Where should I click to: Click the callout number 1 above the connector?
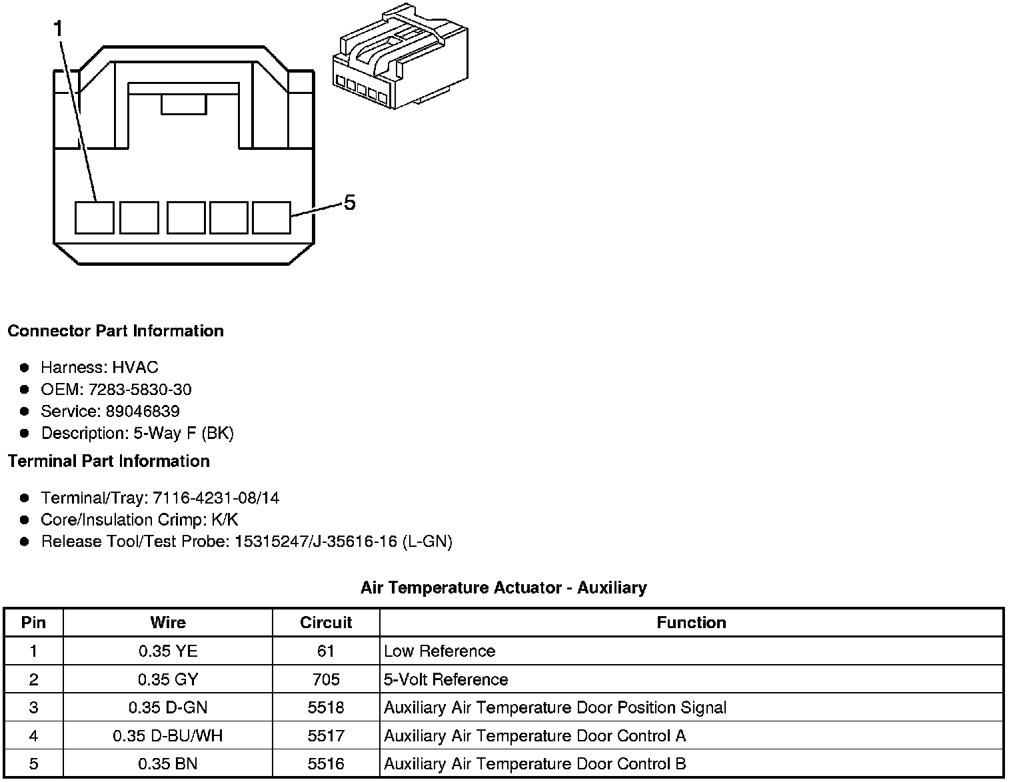(x=59, y=29)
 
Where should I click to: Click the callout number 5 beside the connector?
(x=349, y=202)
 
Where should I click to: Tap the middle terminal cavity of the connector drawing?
(x=185, y=218)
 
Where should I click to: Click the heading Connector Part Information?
(x=115, y=331)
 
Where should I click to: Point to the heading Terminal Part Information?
(x=109, y=461)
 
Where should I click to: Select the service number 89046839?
(x=142, y=411)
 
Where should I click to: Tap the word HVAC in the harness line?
(x=135, y=367)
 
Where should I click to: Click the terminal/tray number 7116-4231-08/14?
(x=216, y=498)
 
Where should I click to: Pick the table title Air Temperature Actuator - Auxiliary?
(x=503, y=587)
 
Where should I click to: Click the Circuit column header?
(x=326, y=623)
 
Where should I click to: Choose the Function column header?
(x=691, y=623)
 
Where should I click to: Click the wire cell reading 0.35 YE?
(x=168, y=651)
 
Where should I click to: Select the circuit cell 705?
(x=326, y=679)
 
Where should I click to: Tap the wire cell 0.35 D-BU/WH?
(x=168, y=736)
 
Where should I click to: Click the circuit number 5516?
(x=326, y=764)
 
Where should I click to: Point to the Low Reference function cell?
(x=440, y=651)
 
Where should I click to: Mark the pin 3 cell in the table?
(x=33, y=707)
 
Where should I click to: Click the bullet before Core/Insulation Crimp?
(x=25, y=520)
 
